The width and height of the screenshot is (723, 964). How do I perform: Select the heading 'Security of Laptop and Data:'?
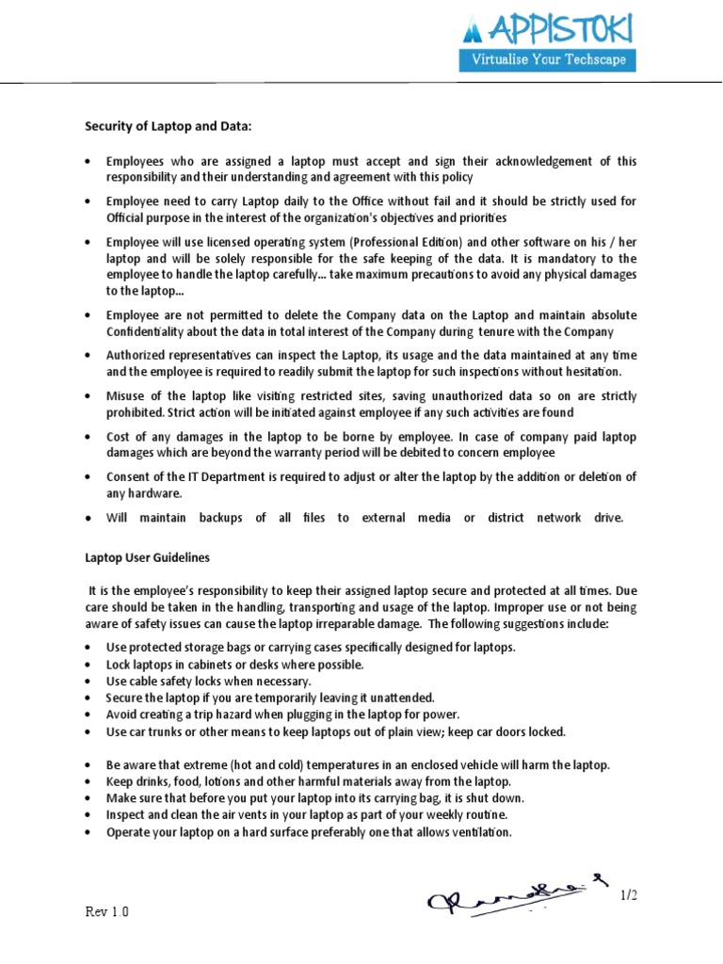pos(169,125)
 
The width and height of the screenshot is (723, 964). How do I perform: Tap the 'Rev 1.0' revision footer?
pos(107,912)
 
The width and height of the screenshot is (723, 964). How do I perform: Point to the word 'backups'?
pos(217,518)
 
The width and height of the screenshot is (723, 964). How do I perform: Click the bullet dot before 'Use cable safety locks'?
pos(88,682)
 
